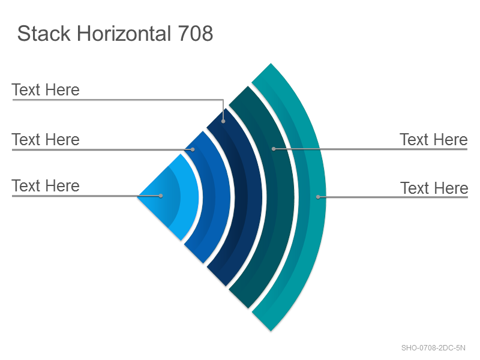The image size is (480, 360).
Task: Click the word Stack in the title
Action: click(x=44, y=33)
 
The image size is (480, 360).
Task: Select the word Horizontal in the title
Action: click(x=124, y=33)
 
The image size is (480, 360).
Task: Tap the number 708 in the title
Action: click(x=196, y=33)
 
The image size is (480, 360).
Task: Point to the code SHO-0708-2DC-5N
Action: click(x=433, y=348)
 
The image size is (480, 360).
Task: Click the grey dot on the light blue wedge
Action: click(x=161, y=196)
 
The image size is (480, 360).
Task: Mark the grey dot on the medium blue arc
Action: click(x=193, y=149)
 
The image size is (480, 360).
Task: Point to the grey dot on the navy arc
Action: click(x=223, y=121)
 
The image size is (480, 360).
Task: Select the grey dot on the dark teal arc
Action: click(x=274, y=149)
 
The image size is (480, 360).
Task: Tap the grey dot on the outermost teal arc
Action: click(x=318, y=197)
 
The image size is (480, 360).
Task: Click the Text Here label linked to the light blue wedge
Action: click(x=46, y=185)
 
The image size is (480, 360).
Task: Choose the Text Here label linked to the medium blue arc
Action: click(x=46, y=139)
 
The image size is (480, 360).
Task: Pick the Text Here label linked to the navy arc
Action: click(x=46, y=89)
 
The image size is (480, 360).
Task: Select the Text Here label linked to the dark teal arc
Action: click(x=433, y=139)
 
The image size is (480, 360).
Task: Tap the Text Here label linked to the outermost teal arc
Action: click(x=434, y=188)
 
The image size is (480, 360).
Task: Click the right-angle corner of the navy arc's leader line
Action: click(x=223, y=100)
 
